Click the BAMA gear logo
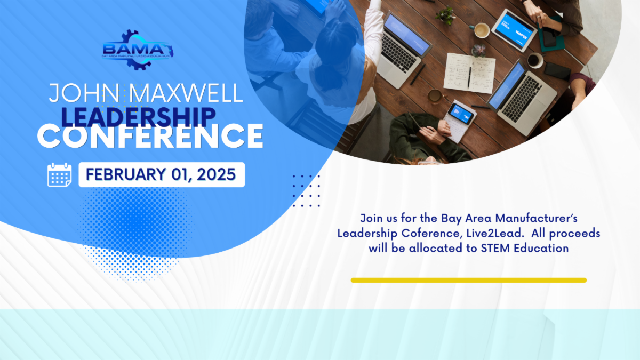(138, 50)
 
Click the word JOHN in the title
(84, 93)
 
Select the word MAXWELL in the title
(186, 93)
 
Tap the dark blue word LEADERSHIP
(138, 117)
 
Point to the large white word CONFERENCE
(150, 136)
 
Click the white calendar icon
(59, 174)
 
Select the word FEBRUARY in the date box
(126, 174)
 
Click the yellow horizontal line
(469, 281)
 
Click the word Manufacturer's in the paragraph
(537, 218)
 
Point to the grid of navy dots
(306, 191)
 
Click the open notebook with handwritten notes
(469, 73)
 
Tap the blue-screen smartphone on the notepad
(461, 114)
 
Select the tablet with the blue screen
(514, 30)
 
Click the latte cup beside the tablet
(482, 30)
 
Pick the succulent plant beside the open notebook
(478, 51)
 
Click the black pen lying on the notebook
(469, 77)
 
